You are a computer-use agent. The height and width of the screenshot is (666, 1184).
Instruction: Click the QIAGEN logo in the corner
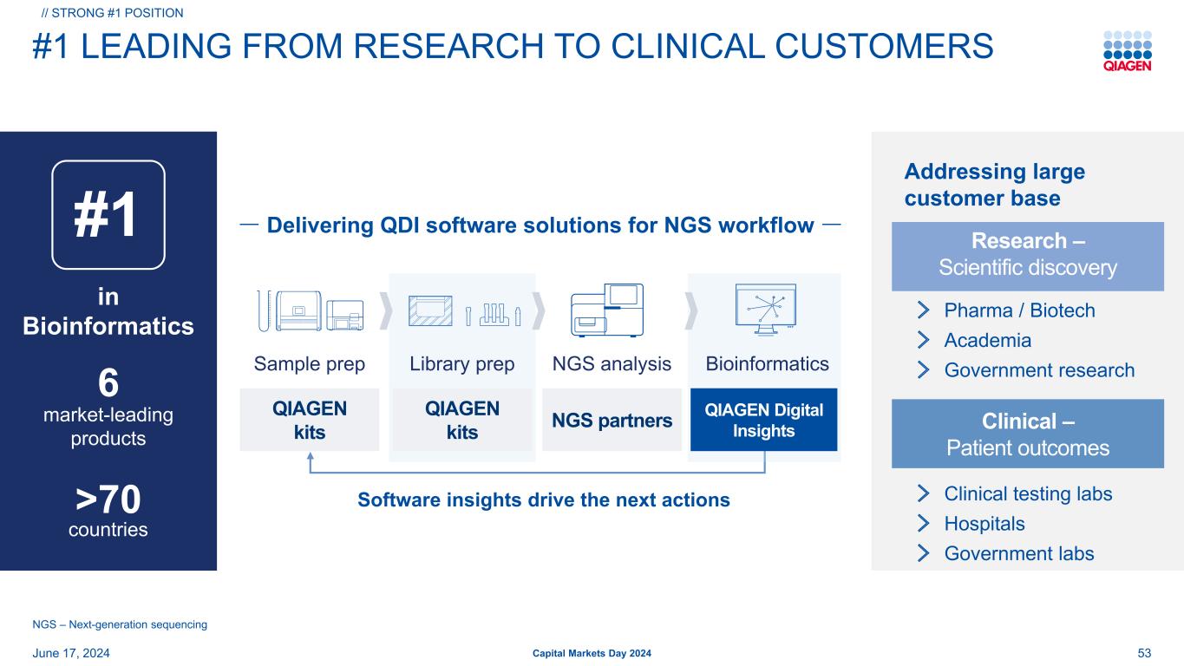point(1127,52)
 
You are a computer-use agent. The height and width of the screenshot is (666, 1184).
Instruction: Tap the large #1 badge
point(108,215)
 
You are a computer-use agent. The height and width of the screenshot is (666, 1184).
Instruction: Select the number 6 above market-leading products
point(108,383)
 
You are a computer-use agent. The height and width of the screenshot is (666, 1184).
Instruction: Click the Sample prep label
point(310,364)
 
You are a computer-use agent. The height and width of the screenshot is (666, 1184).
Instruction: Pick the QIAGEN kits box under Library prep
point(461,420)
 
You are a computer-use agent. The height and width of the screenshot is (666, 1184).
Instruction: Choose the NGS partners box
point(612,421)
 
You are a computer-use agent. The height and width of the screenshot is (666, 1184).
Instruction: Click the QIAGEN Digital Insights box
point(763,420)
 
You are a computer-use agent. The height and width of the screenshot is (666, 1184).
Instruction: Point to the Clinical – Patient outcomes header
point(1028,434)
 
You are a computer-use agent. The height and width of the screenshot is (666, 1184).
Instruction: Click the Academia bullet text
point(987,340)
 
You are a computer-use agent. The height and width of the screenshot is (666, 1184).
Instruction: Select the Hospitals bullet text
point(984,524)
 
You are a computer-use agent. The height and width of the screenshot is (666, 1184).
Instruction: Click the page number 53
point(1143,652)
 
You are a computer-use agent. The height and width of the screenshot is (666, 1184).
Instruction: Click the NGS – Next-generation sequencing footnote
point(120,624)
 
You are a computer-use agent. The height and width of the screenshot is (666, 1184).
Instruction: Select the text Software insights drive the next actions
point(544,500)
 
